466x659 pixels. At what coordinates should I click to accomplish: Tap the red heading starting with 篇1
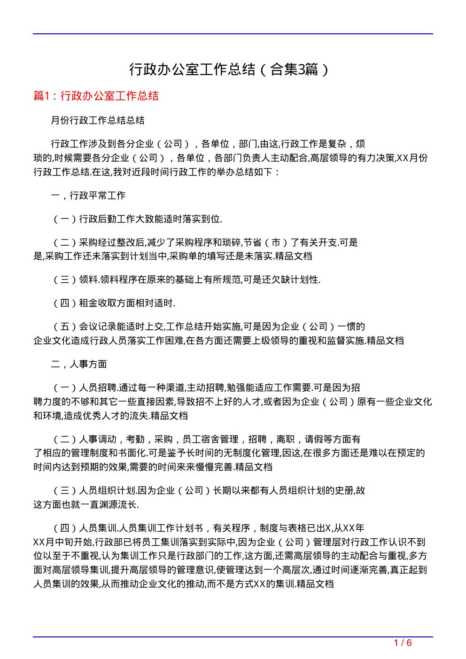click(96, 96)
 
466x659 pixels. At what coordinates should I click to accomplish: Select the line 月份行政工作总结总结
click(98, 120)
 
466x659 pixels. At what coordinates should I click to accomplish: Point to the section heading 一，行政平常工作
click(88, 195)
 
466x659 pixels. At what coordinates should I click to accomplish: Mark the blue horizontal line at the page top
click(233, 34)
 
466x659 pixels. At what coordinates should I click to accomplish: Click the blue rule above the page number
click(233, 637)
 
